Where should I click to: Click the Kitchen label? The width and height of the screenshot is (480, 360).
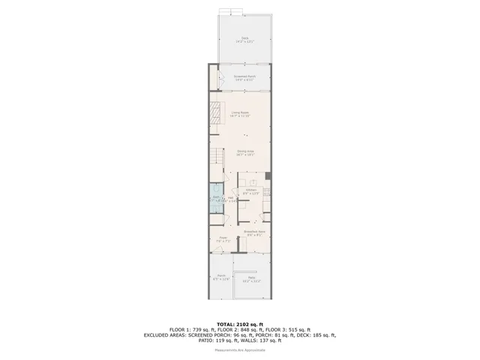tap(251, 192)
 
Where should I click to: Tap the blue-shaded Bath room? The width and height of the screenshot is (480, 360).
tap(216, 199)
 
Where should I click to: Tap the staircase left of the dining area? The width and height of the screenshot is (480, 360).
tap(216, 160)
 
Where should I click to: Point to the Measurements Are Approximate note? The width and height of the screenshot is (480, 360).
tap(240, 350)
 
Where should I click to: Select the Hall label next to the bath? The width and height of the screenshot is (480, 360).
tap(231, 199)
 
